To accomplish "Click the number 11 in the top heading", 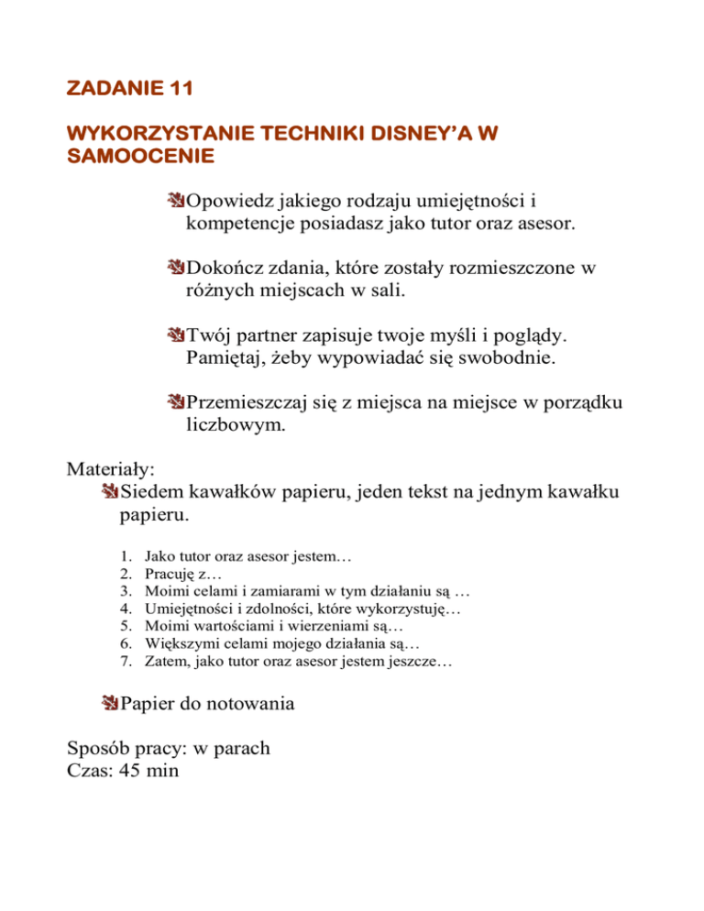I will click(176, 89).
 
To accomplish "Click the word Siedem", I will click(152, 494).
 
